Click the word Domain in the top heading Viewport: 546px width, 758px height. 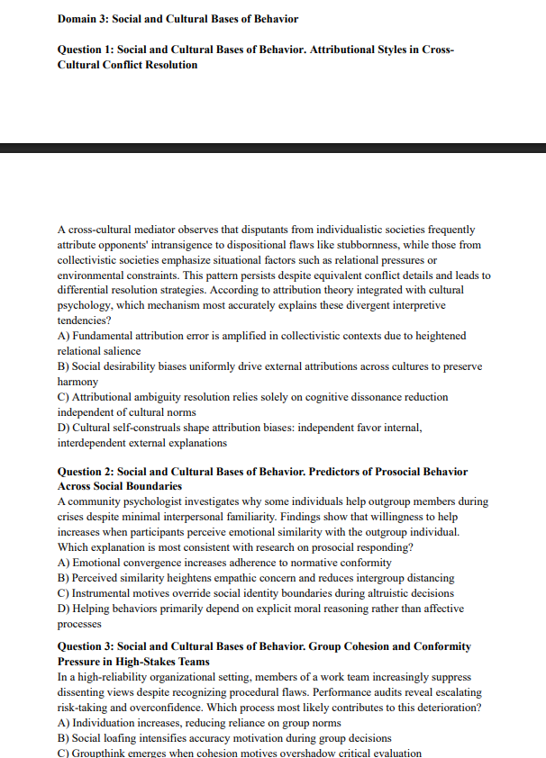click(78, 19)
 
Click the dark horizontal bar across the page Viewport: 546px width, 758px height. click(273, 148)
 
